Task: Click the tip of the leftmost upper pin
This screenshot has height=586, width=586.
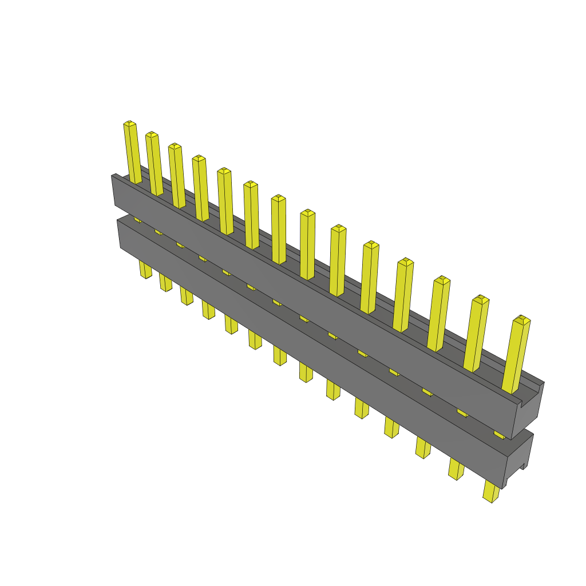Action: [x=130, y=124]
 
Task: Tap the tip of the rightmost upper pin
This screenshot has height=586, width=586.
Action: [x=521, y=319]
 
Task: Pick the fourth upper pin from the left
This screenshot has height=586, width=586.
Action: [x=201, y=189]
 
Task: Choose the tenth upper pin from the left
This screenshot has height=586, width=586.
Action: [x=369, y=278]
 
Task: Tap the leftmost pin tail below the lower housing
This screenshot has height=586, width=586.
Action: [x=145, y=270]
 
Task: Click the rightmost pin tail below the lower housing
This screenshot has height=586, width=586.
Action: [x=491, y=492]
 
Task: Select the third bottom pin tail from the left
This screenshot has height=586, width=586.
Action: [x=187, y=296]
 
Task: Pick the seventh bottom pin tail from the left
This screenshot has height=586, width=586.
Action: [x=280, y=356]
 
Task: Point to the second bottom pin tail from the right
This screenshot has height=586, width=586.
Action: [x=456, y=469]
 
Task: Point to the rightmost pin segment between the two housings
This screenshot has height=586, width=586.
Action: [x=499, y=435]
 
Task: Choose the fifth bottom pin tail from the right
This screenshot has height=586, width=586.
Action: [x=361, y=408]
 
